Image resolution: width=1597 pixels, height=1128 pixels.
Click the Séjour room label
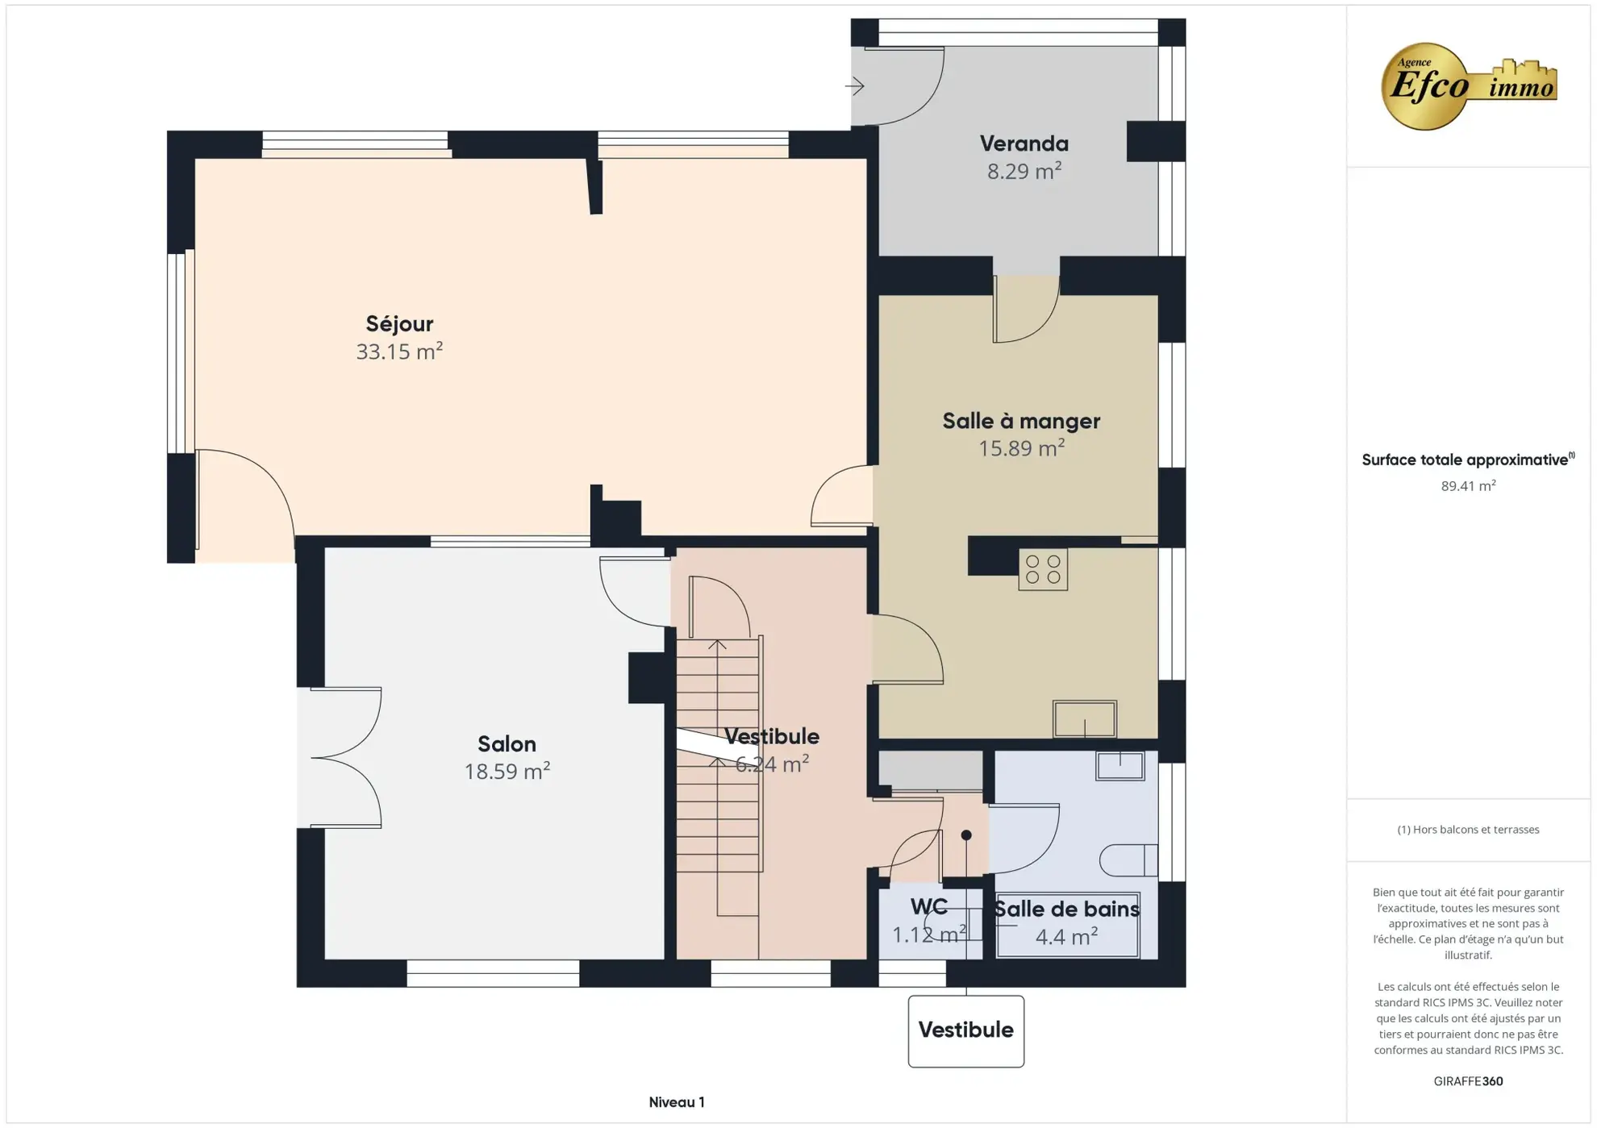point(399,324)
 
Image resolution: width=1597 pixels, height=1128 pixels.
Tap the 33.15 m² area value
point(399,352)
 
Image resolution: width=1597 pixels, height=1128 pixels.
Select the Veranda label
point(1024,144)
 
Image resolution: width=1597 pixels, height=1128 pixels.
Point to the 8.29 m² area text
point(1024,171)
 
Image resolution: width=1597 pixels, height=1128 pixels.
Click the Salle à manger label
point(1021,421)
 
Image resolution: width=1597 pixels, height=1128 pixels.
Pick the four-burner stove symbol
point(1042,569)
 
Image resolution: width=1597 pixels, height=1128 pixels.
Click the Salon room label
point(507,744)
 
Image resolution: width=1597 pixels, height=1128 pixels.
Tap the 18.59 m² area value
point(507,772)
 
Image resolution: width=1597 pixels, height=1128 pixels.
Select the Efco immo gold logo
point(1467,86)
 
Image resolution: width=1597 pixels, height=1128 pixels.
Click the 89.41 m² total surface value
point(1467,486)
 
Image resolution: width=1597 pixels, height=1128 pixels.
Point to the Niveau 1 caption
point(676,1102)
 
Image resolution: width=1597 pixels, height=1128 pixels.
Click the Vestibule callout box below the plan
point(965,1030)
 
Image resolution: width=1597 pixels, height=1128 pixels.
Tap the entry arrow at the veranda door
point(855,85)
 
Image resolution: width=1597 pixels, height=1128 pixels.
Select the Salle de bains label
point(1065,909)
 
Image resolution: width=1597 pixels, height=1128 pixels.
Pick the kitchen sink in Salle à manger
point(1084,718)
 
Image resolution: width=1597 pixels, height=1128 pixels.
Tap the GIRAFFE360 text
point(1467,1081)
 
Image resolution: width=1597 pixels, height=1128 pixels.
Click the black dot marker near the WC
point(965,835)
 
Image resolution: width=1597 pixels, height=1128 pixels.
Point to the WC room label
point(928,907)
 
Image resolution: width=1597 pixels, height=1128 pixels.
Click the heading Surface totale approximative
point(1466,460)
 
